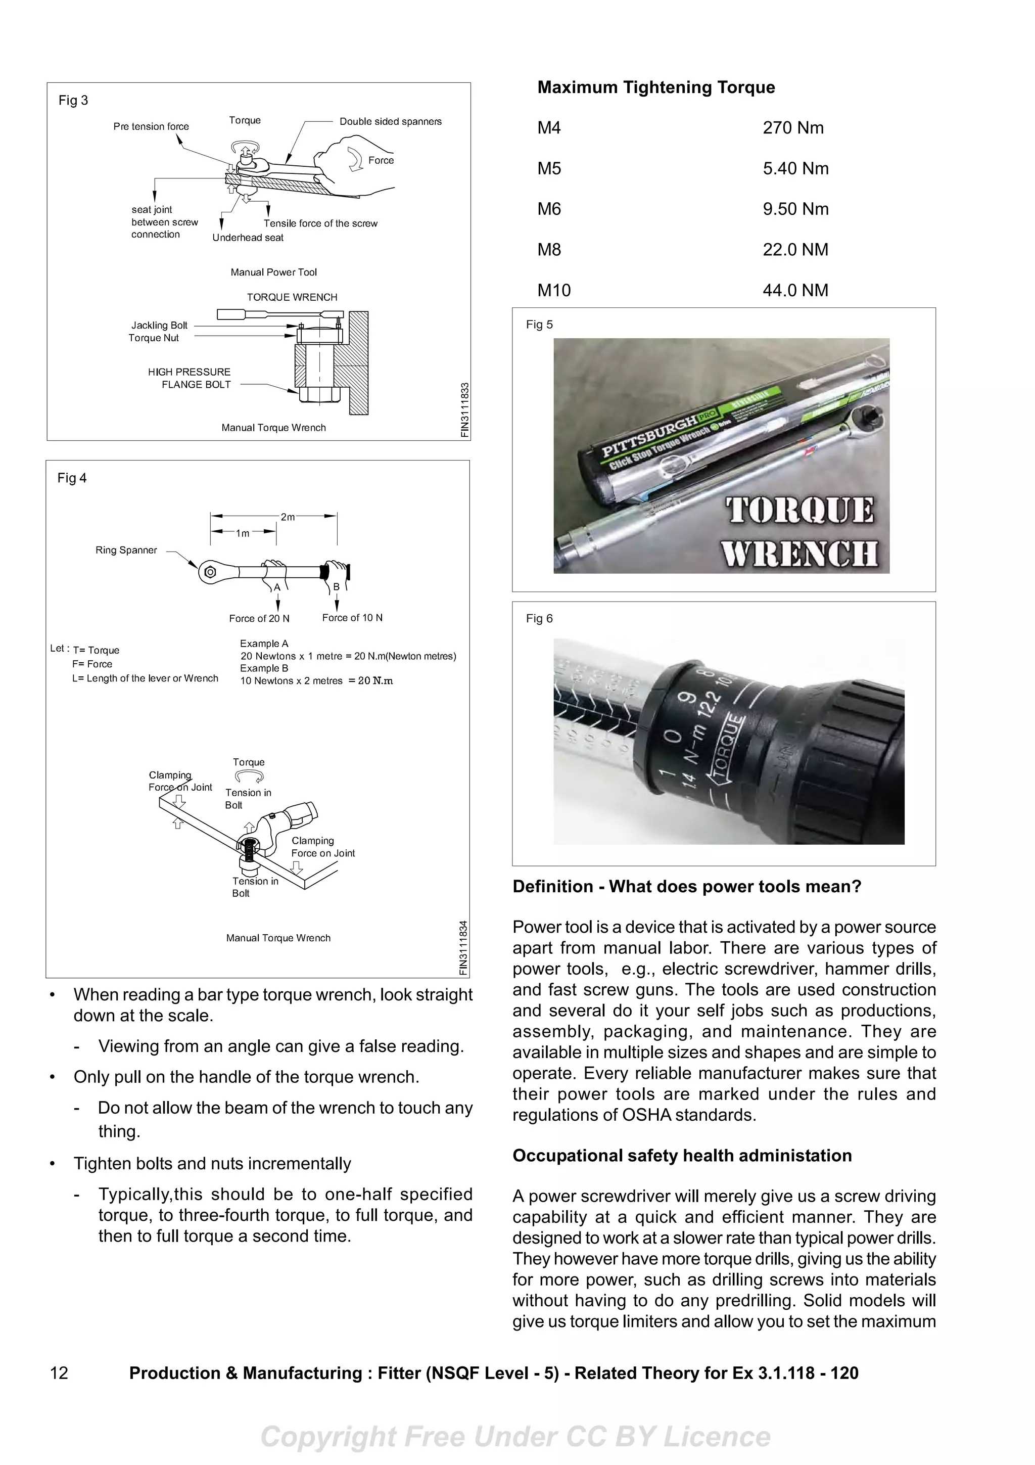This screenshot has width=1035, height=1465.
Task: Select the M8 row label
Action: tap(549, 250)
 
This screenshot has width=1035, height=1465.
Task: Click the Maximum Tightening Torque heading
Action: tap(655, 87)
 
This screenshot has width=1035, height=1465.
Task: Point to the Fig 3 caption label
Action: tap(73, 100)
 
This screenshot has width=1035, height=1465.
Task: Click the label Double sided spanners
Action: tap(390, 121)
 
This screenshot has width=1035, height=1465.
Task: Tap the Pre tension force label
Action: tap(151, 126)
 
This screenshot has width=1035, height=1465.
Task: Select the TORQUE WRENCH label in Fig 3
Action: tap(292, 297)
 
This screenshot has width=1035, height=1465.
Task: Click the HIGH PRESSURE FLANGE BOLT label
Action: tap(190, 378)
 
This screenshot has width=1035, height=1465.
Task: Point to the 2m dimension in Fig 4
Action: tap(288, 517)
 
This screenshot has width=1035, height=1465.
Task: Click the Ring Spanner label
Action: tap(126, 550)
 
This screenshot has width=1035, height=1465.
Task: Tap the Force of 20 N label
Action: tap(259, 618)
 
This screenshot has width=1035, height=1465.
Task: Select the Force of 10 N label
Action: tap(352, 618)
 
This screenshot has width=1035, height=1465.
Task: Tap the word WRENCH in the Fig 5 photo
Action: tap(799, 553)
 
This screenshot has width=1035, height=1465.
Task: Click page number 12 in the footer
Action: tap(59, 1373)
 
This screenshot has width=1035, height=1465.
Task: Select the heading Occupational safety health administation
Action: tap(682, 1156)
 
